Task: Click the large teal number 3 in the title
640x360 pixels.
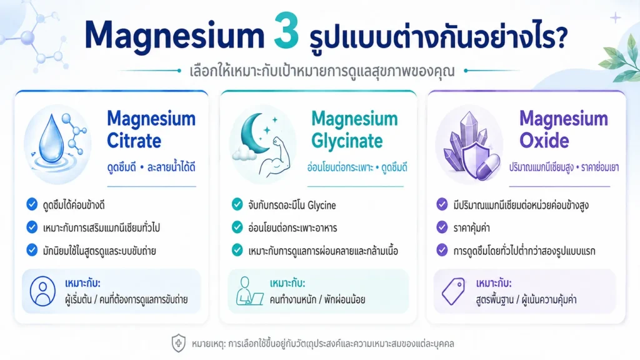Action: [x=286, y=31]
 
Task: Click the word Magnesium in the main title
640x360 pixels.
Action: [x=175, y=36]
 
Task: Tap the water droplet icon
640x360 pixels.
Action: [x=51, y=138]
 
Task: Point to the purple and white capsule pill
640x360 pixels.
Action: [x=489, y=167]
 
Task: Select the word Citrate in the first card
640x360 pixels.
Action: [x=134, y=141]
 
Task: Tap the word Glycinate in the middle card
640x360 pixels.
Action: [x=347, y=141]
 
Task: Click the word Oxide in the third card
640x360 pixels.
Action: [x=544, y=141]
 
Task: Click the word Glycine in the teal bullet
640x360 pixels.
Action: [x=322, y=205]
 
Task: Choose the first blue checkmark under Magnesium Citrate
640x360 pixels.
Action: [x=32, y=204]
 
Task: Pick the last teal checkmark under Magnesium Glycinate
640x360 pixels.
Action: [x=237, y=250]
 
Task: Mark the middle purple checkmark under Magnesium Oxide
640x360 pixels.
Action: [x=442, y=227]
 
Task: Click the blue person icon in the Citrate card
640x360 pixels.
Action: [x=42, y=291]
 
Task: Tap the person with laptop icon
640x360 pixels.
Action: [x=249, y=291]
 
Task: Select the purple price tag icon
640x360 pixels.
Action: [x=454, y=291]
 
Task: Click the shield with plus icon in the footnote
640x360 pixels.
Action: [x=178, y=343]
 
